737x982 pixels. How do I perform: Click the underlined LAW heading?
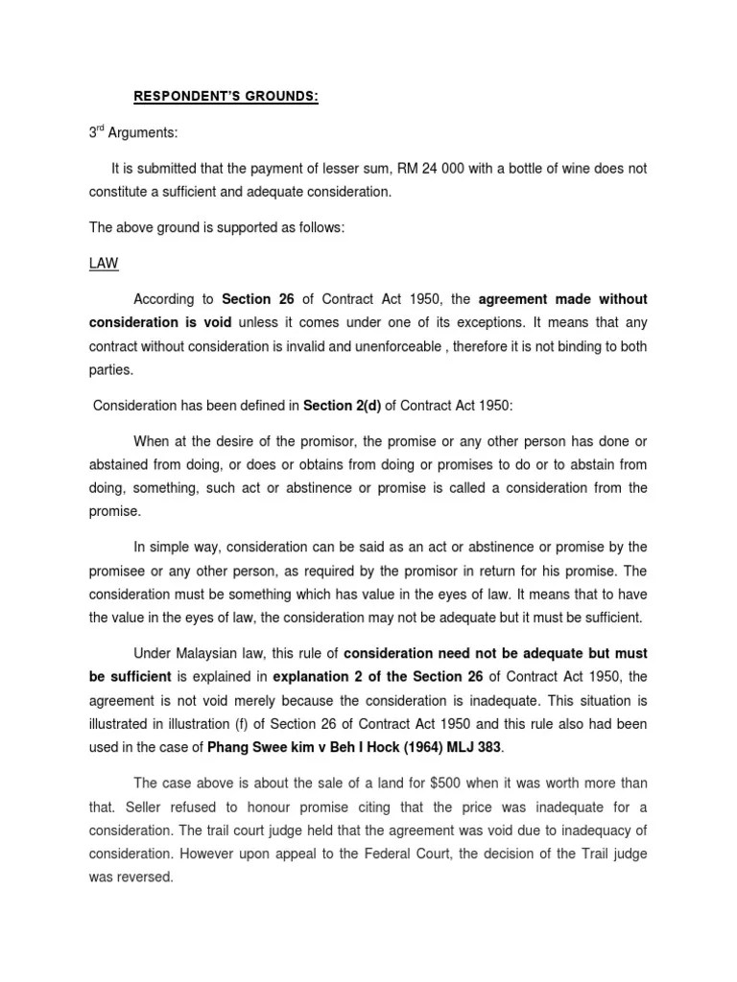tap(101, 262)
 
